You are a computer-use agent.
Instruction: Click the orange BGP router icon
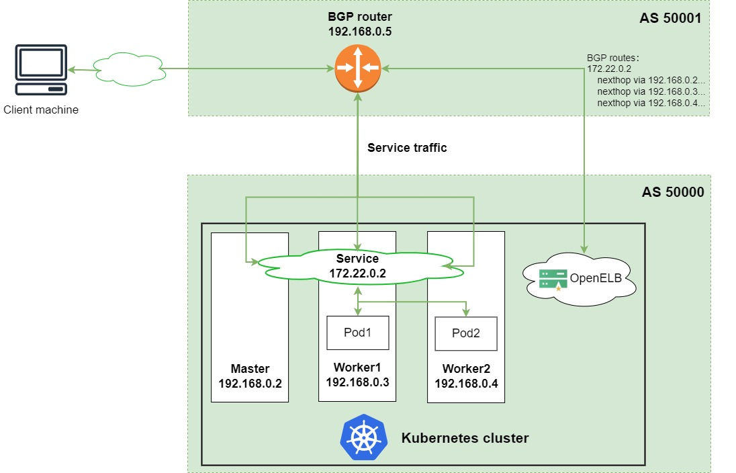click(x=358, y=68)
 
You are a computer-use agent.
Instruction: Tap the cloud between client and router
click(x=129, y=68)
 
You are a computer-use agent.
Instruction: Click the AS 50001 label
click(x=670, y=18)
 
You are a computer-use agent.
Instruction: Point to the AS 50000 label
click(x=672, y=192)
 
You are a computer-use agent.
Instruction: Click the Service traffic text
click(x=407, y=148)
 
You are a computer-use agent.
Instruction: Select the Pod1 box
click(x=357, y=333)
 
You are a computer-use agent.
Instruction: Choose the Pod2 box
click(x=467, y=333)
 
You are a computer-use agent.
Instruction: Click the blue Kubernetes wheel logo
click(x=363, y=437)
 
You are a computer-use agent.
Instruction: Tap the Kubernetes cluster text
click(x=465, y=438)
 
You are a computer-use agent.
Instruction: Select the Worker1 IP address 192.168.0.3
click(x=357, y=382)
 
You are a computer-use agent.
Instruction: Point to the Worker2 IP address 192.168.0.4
click(x=466, y=384)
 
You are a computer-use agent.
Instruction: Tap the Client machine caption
click(x=41, y=110)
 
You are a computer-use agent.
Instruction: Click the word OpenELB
click(x=595, y=278)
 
